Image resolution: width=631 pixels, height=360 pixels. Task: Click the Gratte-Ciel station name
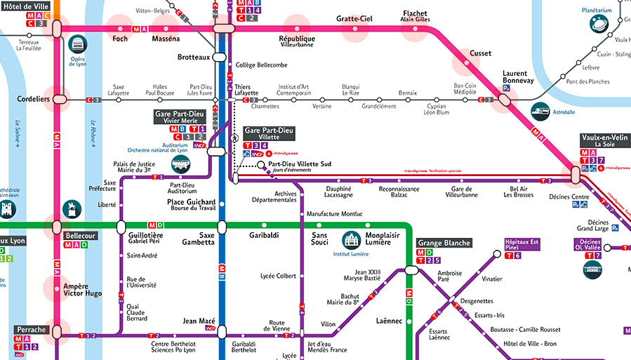(354, 18)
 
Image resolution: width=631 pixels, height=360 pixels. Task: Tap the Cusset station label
(480, 53)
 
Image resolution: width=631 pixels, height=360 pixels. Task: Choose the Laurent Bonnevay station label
(518, 76)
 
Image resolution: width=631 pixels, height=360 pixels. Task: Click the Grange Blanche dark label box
(440, 243)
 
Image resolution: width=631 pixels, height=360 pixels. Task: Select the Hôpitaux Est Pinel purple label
(522, 244)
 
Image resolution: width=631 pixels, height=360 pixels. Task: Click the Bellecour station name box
(79, 236)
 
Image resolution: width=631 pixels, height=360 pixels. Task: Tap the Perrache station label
(30, 329)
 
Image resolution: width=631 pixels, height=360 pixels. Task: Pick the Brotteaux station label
(194, 57)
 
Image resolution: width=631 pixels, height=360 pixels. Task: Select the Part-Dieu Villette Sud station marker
(261, 166)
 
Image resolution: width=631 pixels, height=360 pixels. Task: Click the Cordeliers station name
(33, 100)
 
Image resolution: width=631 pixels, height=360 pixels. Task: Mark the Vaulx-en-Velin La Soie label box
(604, 140)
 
